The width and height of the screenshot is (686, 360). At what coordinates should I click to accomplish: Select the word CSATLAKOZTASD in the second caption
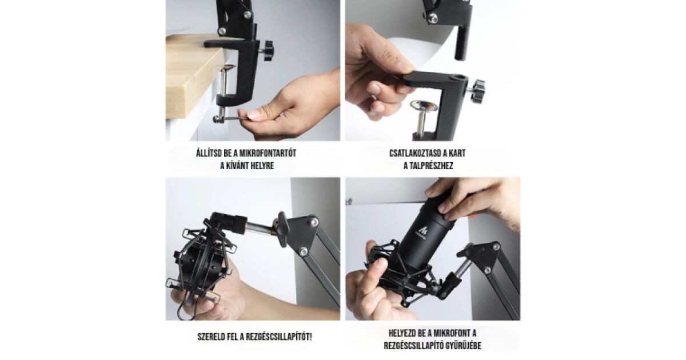(416, 153)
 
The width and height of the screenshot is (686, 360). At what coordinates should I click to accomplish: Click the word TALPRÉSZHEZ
(432, 166)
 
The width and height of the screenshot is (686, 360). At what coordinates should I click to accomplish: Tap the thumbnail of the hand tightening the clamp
(253, 70)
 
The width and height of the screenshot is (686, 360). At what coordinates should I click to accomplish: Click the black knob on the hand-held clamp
(477, 91)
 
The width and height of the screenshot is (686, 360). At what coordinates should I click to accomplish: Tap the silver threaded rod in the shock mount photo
(261, 228)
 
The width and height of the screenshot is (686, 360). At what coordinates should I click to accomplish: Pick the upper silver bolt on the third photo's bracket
(313, 222)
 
